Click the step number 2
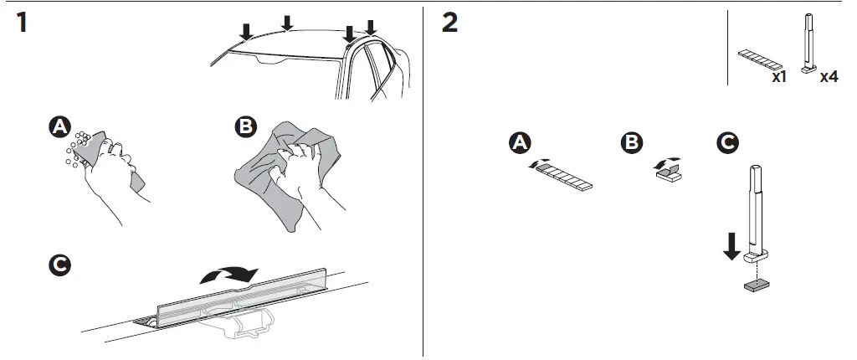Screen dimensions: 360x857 point(449,23)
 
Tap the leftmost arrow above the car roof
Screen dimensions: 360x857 point(245,31)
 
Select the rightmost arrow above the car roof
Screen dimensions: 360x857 point(371,28)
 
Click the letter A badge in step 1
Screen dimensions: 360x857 point(59,126)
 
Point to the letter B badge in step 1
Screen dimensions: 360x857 point(245,126)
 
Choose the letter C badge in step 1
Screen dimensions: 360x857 point(59,265)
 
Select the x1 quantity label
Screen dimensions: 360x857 point(778,76)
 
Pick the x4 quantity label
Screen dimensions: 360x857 point(829,76)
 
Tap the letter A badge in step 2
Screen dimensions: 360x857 point(521,143)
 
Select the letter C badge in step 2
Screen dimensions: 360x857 point(728,143)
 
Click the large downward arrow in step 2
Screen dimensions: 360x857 point(731,246)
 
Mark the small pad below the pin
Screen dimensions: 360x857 point(758,285)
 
